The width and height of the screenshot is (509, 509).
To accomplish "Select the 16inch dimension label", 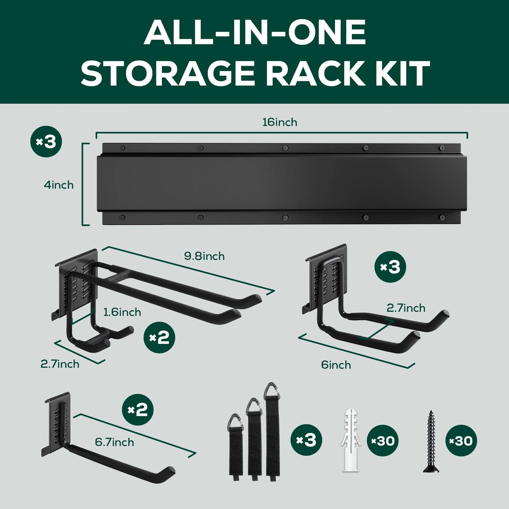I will [x=280, y=122].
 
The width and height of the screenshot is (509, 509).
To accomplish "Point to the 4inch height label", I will [x=59, y=185].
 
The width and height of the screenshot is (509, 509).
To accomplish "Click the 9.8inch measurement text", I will [x=204, y=256].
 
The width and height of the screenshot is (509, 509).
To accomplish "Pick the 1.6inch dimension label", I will [x=122, y=312].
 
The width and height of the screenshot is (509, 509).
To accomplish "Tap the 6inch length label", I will [x=336, y=365].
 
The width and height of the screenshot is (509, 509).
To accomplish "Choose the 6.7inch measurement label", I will [x=114, y=442].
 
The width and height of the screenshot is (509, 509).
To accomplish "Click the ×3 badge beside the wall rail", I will [x=46, y=142].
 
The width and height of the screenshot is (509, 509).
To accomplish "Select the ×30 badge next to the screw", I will [x=461, y=441].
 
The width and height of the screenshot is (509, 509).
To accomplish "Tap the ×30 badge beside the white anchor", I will [x=383, y=441].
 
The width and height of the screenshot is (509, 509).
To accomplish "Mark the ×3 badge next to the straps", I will [x=306, y=440].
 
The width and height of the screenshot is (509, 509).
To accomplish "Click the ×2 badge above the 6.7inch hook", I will [x=138, y=410].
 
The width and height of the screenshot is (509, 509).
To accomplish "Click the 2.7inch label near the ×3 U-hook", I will [x=406, y=308].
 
